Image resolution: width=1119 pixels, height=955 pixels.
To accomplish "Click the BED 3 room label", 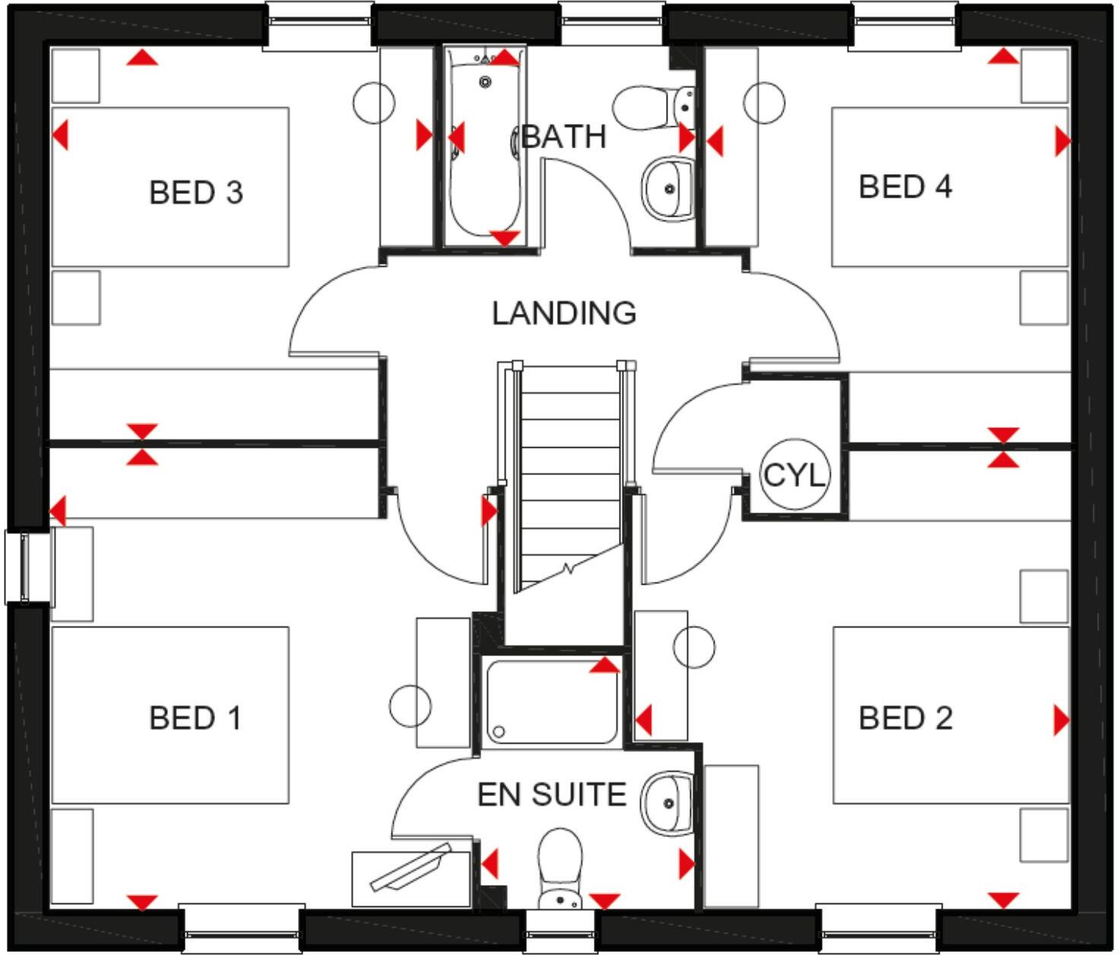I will click(195, 192).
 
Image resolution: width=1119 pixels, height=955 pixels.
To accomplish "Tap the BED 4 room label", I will click(905, 186).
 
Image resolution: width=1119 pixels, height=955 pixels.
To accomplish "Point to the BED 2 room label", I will click(905, 718).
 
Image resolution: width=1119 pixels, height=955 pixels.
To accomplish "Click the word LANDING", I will click(563, 313).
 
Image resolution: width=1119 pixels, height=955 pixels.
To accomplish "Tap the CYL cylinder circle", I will click(794, 474).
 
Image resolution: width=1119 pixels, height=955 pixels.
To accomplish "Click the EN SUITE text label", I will click(551, 795).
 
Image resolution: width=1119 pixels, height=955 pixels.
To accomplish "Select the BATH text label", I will click(563, 137).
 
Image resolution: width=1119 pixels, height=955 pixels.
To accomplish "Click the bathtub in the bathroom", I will click(483, 144).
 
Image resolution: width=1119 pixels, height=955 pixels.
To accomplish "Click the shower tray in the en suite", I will click(551, 702).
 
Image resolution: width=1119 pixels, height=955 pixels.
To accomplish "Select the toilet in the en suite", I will click(559, 871).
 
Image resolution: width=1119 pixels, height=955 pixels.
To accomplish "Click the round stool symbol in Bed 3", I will click(374, 102).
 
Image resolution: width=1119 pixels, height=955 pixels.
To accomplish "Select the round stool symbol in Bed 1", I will click(411, 704).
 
